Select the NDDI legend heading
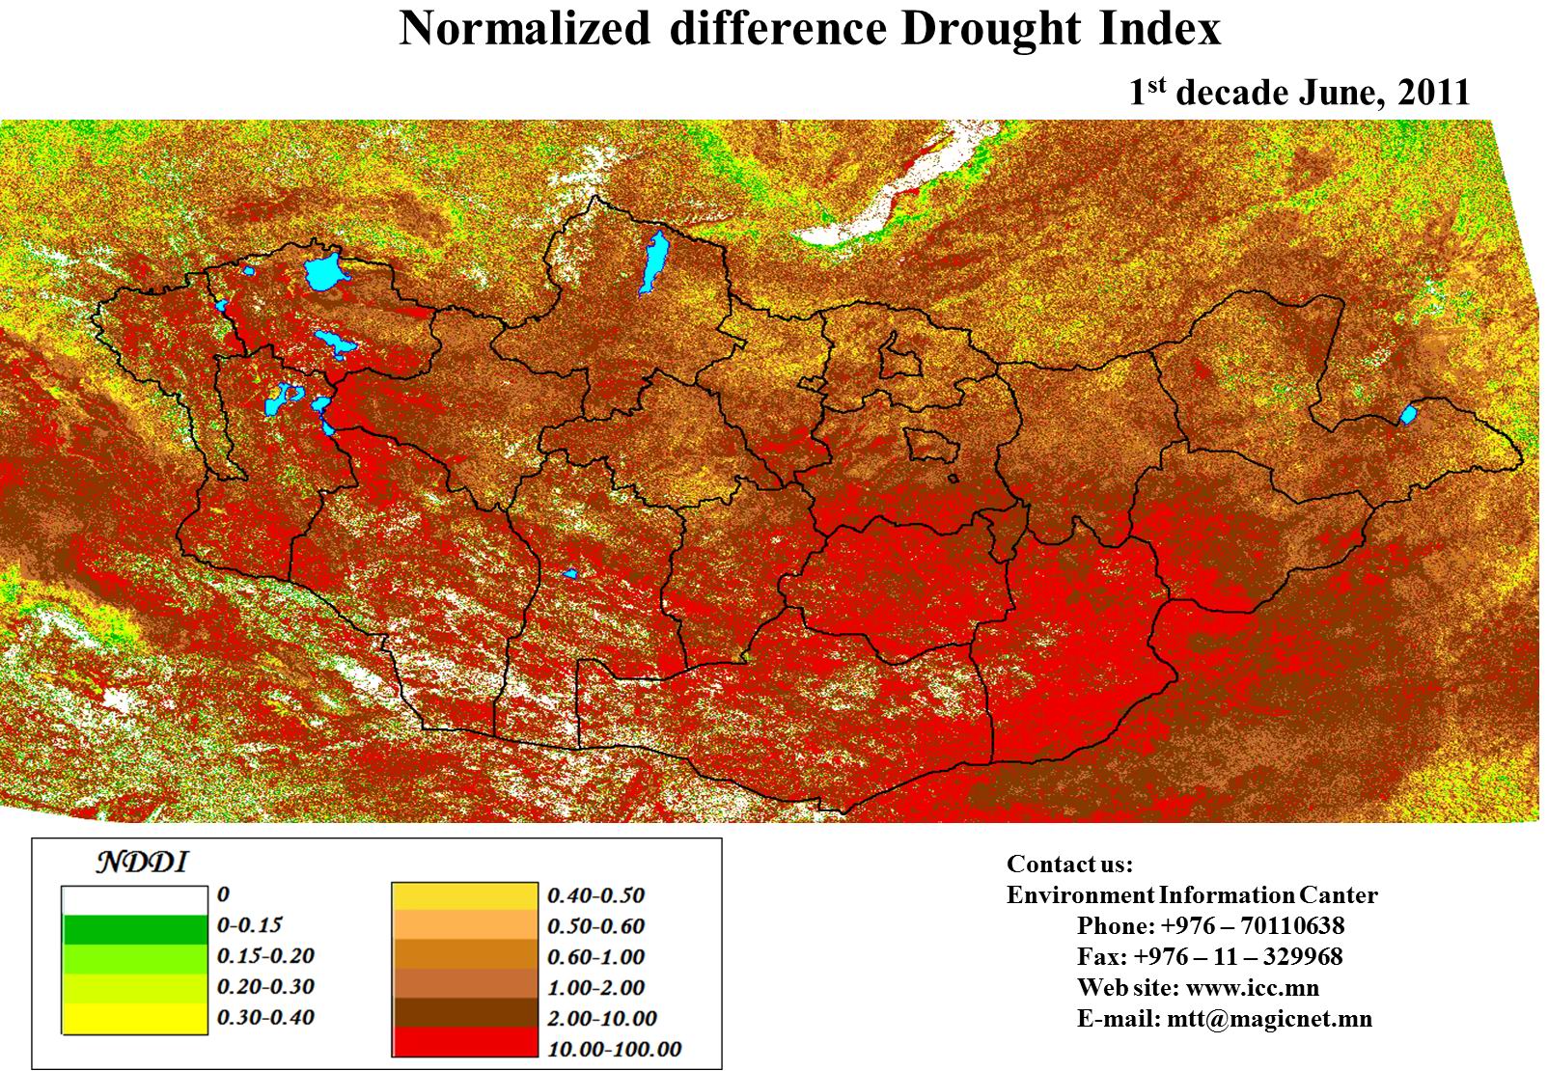coord(142,862)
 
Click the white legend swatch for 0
coord(135,899)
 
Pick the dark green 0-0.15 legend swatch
coord(135,929)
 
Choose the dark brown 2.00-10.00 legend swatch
coord(464,1013)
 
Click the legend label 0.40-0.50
coord(595,895)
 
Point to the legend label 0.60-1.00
coord(595,957)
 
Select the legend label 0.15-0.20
coord(266,955)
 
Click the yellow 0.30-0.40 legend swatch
coord(135,1019)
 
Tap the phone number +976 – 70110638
coord(1253,926)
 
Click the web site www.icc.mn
coord(1252,988)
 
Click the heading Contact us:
coord(1069,864)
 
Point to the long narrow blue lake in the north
coord(654,261)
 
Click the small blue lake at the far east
coord(1408,415)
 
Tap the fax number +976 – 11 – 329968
coord(1238,957)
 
